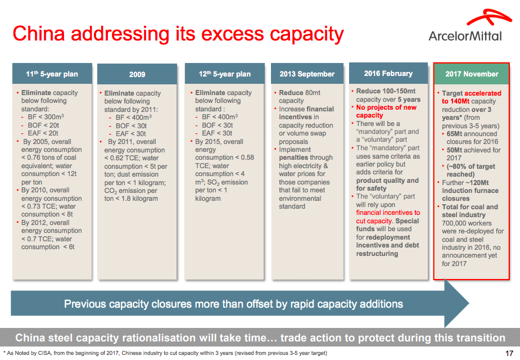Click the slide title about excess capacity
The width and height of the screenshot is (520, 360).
point(178,34)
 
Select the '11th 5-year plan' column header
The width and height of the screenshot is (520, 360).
point(52,74)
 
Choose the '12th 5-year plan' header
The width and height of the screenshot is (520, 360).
point(224,74)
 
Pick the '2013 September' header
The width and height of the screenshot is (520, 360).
point(306,74)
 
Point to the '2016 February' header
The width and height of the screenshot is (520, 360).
point(388,73)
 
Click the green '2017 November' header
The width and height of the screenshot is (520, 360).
point(472,74)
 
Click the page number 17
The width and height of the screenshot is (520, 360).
point(509,353)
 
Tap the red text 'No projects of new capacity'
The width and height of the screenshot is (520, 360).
point(386,111)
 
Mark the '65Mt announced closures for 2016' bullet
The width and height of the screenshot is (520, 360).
point(473,138)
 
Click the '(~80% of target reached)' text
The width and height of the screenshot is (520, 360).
point(473,170)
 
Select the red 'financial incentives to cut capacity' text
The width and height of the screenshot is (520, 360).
point(388,217)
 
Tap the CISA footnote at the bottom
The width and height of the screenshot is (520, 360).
point(165,353)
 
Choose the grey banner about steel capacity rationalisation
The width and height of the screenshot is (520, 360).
point(260,338)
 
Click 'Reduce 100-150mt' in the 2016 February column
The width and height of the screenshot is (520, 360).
point(386,91)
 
